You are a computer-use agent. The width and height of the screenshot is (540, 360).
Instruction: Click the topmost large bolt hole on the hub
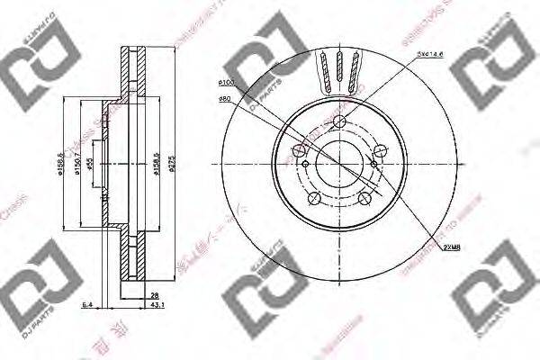tap(340, 122)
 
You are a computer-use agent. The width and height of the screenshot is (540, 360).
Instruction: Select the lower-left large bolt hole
tap(313, 199)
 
